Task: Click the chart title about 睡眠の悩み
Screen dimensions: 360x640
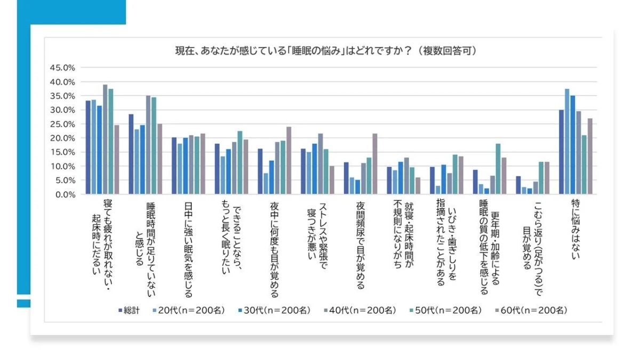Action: [326, 51]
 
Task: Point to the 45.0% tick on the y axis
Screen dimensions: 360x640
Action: [62, 68]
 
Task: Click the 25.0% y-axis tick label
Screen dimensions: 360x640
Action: [62, 124]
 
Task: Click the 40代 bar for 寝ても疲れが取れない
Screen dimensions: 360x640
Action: [105, 139]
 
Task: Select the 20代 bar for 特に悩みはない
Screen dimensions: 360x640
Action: [567, 141]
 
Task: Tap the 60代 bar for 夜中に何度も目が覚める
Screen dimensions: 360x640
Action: [289, 161]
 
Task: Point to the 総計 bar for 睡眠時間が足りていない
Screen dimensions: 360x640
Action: [131, 154]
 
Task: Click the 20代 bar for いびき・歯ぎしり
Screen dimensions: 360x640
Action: [437, 190]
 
